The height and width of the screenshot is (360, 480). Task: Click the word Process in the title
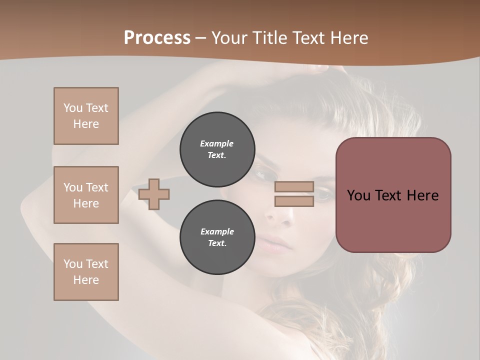click(x=157, y=37)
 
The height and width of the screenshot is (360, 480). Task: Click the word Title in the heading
click(x=269, y=37)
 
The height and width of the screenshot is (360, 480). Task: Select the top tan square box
click(x=86, y=116)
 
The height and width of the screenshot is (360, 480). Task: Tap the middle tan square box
click(x=86, y=195)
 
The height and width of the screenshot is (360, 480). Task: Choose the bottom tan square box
click(x=86, y=272)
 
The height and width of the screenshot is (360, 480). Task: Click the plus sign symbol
click(x=154, y=194)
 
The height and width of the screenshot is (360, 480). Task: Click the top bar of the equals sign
click(x=294, y=186)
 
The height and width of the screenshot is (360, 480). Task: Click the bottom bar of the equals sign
click(x=294, y=201)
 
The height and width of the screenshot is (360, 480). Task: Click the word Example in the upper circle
click(x=217, y=143)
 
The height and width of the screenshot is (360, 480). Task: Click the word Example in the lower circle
click(x=217, y=231)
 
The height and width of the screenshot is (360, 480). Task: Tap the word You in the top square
click(x=73, y=108)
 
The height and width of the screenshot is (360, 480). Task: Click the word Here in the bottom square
click(x=86, y=280)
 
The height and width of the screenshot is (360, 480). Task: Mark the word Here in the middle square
click(x=86, y=203)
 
